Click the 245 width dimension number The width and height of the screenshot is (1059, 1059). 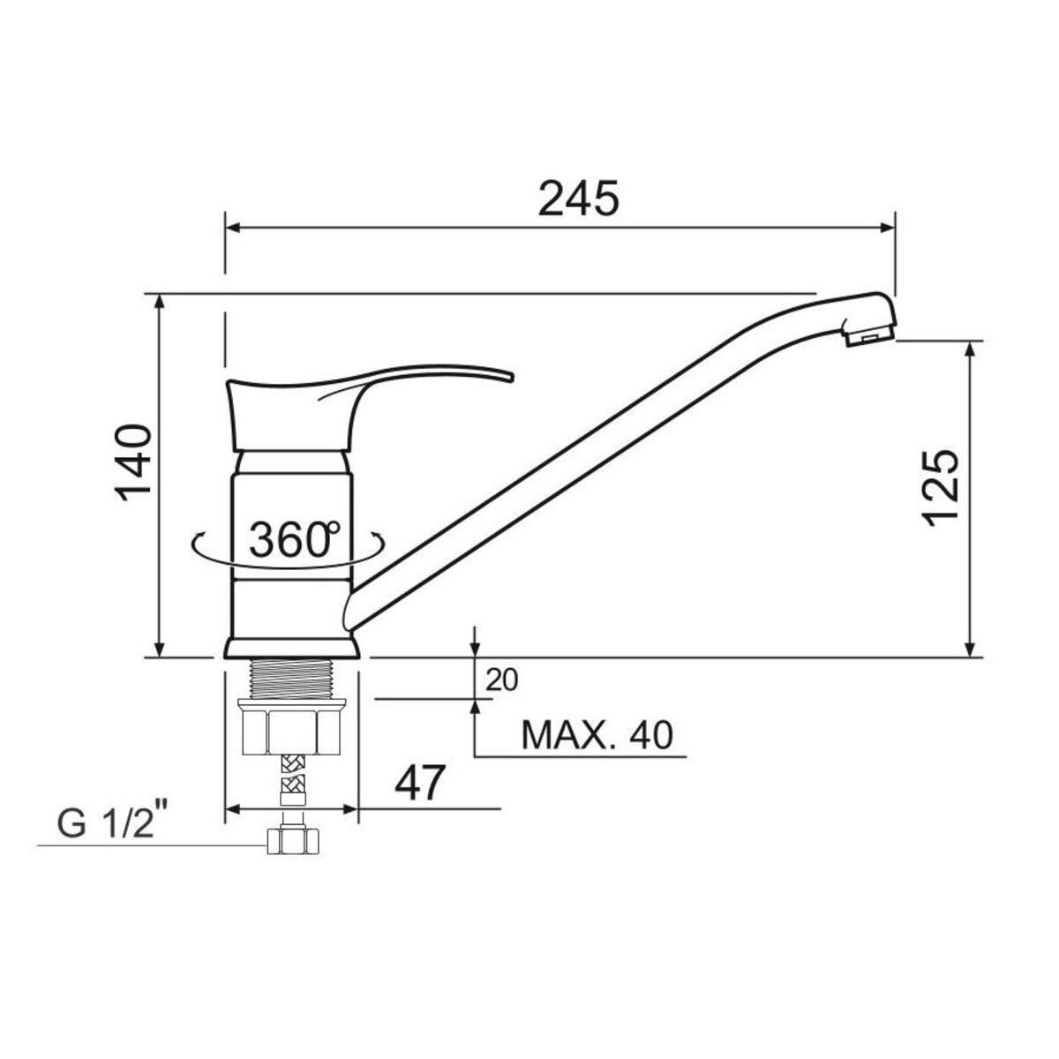click(578, 198)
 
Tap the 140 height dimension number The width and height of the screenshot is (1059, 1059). click(132, 462)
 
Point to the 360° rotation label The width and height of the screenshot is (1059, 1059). click(294, 539)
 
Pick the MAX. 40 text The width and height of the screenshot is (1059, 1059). click(597, 735)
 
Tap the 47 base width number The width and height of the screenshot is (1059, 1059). click(418, 783)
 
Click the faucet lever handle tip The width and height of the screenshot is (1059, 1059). click(511, 378)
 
